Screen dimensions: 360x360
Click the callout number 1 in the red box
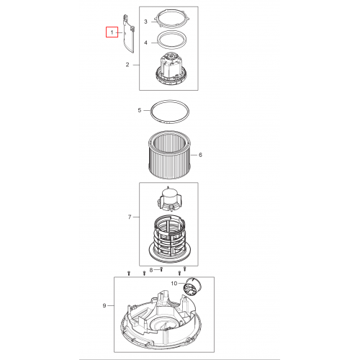point(112,32)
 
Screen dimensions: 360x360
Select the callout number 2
point(127,65)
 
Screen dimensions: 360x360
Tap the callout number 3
point(145,22)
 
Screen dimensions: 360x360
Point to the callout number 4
point(145,42)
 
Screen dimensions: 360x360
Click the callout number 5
point(140,110)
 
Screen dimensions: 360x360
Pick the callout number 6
point(200,155)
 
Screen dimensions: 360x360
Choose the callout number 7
point(130,217)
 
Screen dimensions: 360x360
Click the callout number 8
point(151,270)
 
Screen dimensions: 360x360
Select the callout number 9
point(104,305)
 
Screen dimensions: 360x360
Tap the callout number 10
point(174,284)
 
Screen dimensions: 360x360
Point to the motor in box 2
point(171,70)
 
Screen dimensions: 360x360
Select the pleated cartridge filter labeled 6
point(170,155)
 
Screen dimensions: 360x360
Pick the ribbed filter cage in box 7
point(169,239)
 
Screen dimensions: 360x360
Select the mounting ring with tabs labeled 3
point(171,21)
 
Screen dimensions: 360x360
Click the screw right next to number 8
point(161,269)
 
